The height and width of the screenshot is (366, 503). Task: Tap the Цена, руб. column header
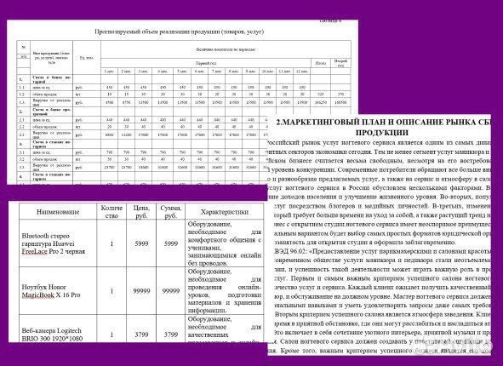point(144,212)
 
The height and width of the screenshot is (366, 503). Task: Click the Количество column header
point(112,212)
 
